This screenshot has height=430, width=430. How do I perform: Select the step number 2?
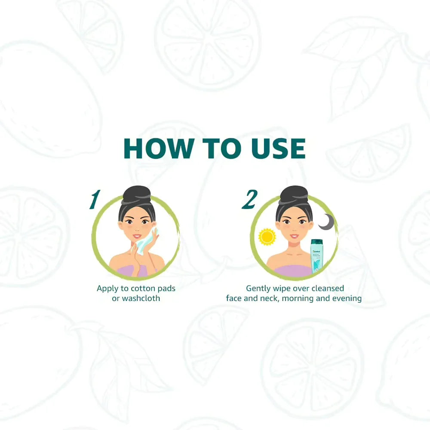249,200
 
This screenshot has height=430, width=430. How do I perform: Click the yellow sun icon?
267,237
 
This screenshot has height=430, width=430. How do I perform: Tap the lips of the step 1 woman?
137,236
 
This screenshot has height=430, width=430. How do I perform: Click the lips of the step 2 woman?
294,236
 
